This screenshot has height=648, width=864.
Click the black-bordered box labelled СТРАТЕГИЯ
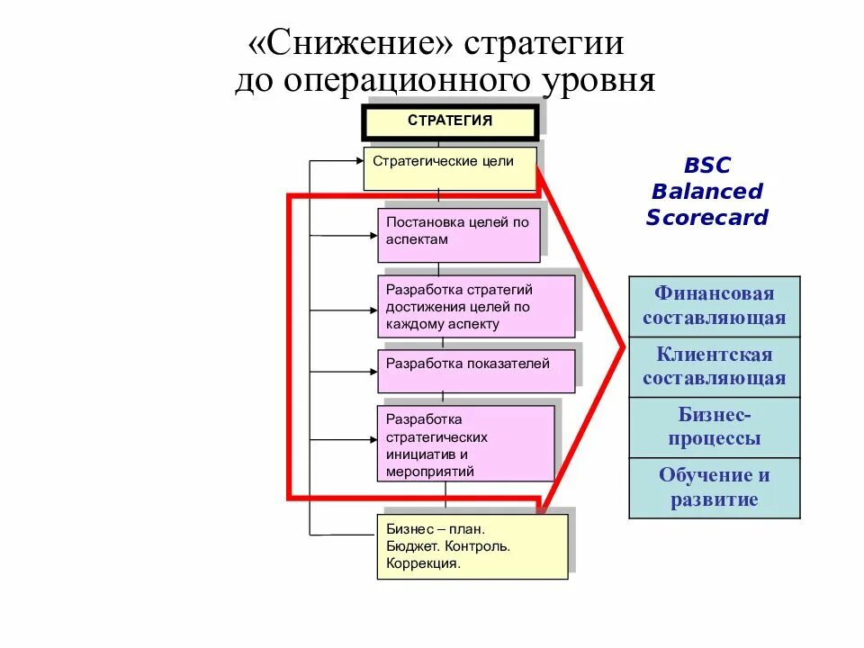(x=450, y=121)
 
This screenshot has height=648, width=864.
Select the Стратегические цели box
(x=450, y=168)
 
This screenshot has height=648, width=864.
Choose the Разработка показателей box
(x=475, y=368)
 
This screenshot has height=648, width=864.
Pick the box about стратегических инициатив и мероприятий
(x=465, y=443)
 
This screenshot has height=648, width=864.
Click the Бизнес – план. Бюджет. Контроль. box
(x=472, y=545)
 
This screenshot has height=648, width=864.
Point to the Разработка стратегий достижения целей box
(x=475, y=306)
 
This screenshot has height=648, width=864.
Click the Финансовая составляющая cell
(x=714, y=306)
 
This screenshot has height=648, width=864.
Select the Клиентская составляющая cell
(x=714, y=366)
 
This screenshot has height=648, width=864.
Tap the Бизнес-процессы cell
(x=714, y=427)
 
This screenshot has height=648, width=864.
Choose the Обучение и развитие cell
(x=714, y=488)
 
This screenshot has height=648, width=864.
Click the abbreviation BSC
(x=707, y=166)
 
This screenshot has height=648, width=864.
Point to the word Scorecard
(x=707, y=218)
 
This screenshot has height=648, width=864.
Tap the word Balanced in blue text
(x=707, y=192)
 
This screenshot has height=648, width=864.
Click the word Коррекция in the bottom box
(x=423, y=564)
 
